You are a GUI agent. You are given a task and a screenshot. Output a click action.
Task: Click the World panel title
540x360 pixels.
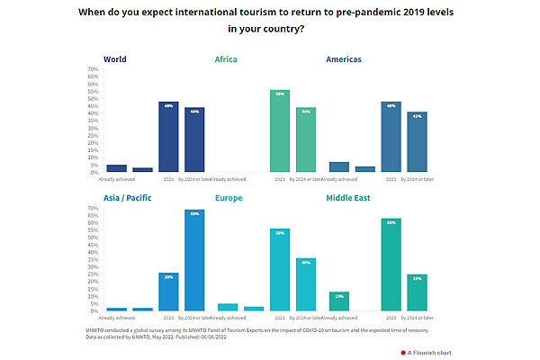tap(114, 59)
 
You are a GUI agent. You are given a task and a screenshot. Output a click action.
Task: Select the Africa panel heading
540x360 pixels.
tap(226, 59)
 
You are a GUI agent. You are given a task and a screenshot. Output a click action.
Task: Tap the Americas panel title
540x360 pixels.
tap(345, 59)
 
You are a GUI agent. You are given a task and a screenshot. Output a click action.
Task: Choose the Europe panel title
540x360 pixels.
tap(229, 198)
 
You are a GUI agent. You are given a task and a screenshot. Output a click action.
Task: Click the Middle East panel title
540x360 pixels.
tap(350, 198)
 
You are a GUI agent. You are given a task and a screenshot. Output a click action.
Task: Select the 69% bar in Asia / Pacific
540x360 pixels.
tap(194, 260)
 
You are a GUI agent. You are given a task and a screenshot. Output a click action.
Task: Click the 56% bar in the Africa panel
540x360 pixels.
tap(280, 130)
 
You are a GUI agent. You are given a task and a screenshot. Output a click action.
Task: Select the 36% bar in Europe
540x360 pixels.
tap(306, 284)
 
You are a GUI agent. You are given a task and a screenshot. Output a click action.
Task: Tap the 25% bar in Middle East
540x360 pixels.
tap(417, 292)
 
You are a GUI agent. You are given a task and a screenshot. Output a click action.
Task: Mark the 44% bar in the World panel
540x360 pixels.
tap(194, 139)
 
